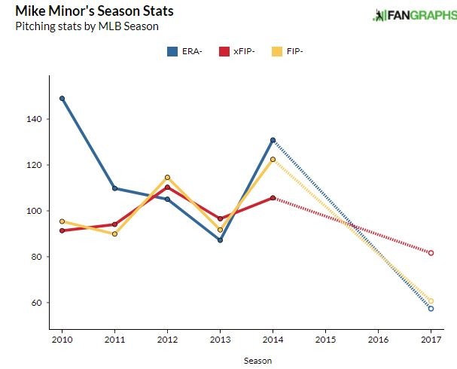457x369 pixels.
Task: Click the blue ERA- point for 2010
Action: tap(62, 99)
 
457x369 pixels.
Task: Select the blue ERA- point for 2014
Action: tap(273, 140)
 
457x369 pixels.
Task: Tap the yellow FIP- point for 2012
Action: tap(167, 177)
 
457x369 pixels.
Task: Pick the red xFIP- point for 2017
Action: tap(431, 253)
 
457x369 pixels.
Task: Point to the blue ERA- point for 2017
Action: tap(431, 309)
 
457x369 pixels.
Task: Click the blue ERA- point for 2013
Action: tap(220, 240)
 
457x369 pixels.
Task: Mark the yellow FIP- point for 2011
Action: tap(114, 234)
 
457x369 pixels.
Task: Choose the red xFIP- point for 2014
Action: tap(273, 198)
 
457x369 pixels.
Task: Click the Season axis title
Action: tap(257, 361)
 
